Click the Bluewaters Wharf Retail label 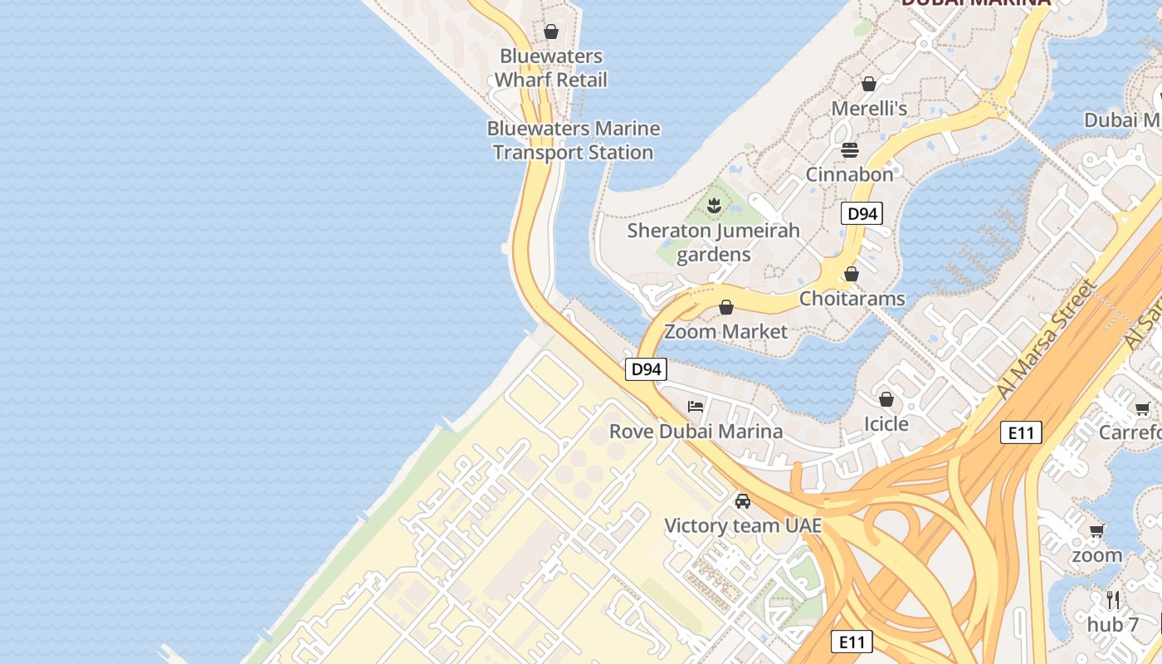coord(551,68)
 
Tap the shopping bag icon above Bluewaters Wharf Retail coord(551,32)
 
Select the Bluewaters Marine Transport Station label coord(573,140)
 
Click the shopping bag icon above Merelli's coord(869,84)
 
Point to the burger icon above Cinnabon coord(849,150)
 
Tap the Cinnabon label coord(849,174)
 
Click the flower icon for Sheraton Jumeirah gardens coord(713,204)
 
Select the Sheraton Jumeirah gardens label coord(713,242)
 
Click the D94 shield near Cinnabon coord(862,214)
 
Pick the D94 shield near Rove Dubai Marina coord(646,369)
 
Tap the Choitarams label coord(852,298)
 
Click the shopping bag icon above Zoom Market coord(726,307)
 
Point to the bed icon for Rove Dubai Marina coord(696,407)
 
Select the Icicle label coord(886,424)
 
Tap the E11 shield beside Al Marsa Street coord(1020,432)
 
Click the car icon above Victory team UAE coord(743,501)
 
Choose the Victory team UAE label coord(743,525)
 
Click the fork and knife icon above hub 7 coord(1113,599)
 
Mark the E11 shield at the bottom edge coord(852,642)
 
